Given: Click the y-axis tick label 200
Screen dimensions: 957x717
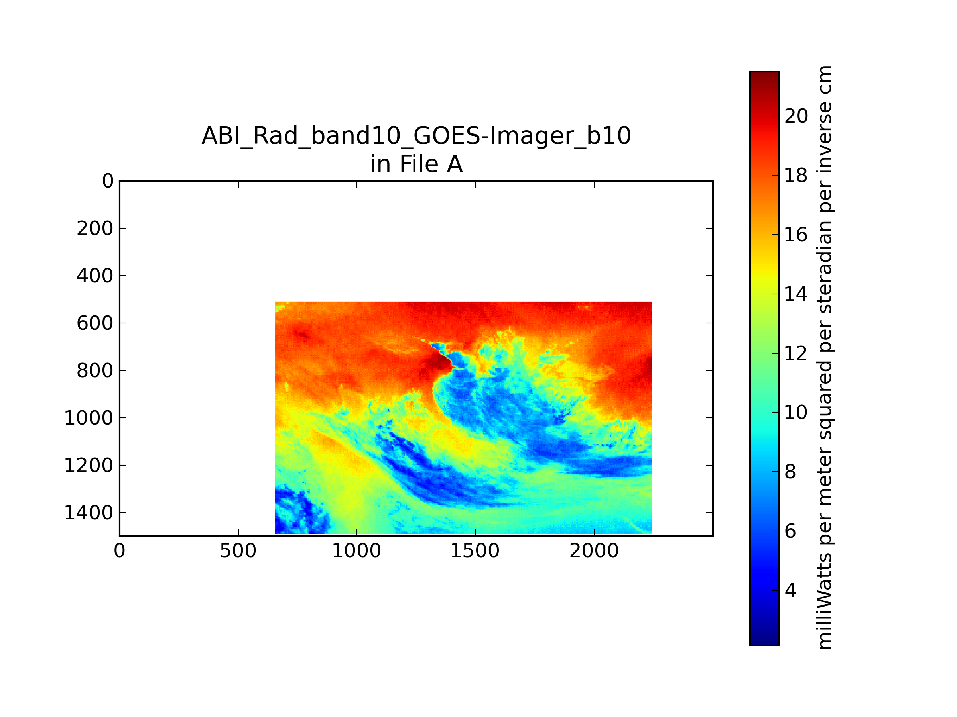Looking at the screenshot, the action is [95, 229].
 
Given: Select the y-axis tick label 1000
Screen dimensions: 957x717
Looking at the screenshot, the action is [89, 418].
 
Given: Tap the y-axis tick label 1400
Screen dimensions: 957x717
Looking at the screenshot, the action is [89, 513].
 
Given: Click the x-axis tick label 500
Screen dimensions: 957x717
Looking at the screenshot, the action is [238, 551].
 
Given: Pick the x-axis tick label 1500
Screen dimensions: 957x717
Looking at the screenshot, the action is [475, 551].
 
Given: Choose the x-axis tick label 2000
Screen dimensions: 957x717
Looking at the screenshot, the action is [594, 551].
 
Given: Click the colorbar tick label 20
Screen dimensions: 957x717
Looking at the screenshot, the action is [796, 116].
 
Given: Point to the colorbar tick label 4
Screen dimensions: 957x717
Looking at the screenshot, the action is [790, 590].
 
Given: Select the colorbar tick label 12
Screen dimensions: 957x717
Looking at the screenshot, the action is [796, 353].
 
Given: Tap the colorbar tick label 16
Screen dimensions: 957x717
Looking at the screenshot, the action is [796, 235].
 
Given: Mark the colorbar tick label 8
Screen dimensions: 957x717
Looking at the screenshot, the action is [790, 472].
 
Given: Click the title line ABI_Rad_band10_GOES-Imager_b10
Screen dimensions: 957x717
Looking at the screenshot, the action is [416, 136].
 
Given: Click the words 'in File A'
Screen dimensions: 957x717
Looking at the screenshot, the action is [416, 164].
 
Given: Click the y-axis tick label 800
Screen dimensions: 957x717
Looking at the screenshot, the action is [95, 371].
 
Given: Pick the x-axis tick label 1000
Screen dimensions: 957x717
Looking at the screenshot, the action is [356, 551].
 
